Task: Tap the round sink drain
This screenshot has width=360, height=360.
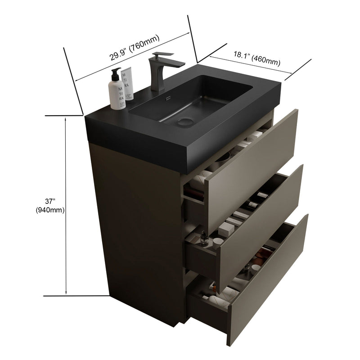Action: pos(184,121)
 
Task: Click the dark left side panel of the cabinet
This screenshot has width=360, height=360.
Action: pos(144,225)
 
